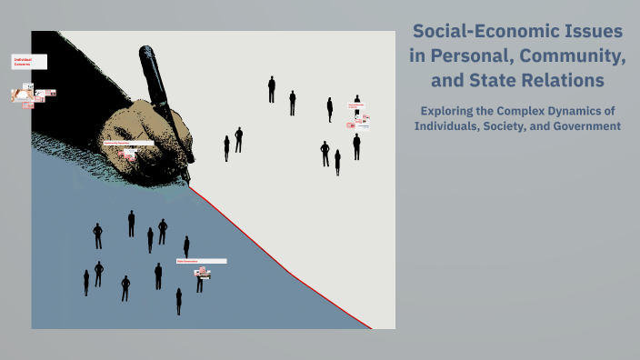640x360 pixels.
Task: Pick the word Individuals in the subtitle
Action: coord(453,125)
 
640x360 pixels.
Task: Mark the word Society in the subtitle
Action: coord(521,125)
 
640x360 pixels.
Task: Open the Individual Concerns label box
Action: coord(28,62)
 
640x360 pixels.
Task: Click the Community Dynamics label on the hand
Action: coord(127,144)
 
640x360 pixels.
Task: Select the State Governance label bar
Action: coord(201,261)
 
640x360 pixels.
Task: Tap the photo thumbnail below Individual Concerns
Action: coord(23,94)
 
